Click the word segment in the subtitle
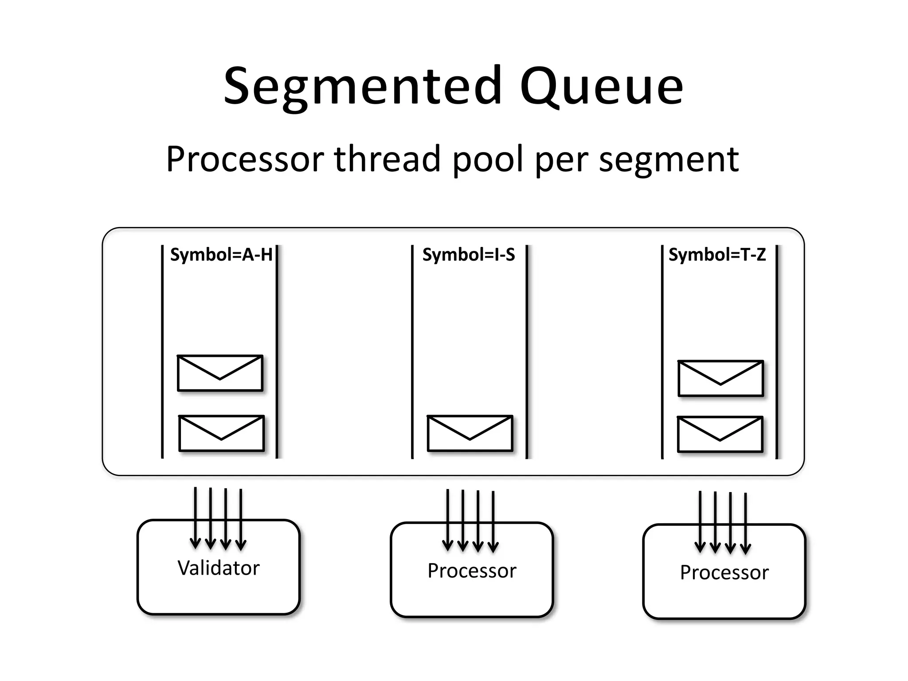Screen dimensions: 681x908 coord(669,160)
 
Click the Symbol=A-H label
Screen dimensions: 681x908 coord(221,255)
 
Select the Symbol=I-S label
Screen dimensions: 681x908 coord(469,255)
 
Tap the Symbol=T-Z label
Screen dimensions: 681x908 coord(717,255)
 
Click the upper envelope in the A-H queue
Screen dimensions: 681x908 coord(220,373)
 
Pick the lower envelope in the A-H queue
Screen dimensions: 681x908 coord(221,433)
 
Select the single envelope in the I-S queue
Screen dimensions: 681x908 coord(470,433)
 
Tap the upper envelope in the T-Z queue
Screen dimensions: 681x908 coord(721,378)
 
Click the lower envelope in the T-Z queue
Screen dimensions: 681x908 coord(720,434)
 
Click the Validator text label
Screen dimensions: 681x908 coord(219,568)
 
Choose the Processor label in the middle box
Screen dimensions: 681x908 coord(472,571)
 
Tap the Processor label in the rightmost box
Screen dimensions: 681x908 coord(724,573)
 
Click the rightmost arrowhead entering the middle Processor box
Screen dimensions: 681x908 coord(493,547)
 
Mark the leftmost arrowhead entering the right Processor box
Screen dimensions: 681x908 coord(700,548)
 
